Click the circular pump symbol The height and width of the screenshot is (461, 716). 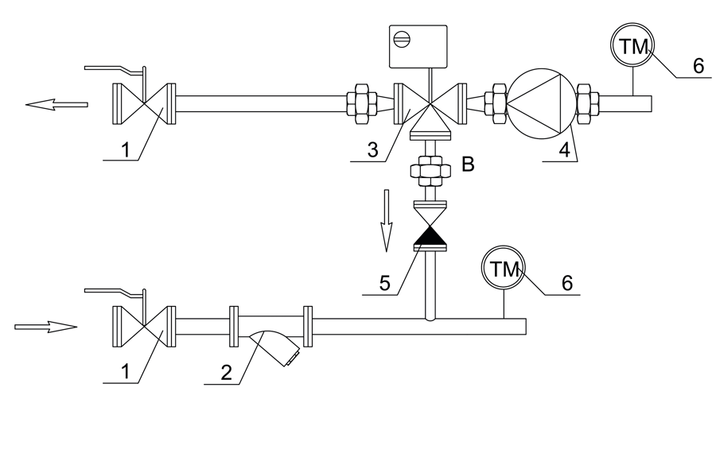coord(542,103)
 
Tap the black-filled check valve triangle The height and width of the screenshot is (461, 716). coord(431,235)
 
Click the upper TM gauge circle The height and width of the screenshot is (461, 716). coord(632,45)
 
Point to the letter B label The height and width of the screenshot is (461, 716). coord(468,164)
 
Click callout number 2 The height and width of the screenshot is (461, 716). coord(227,373)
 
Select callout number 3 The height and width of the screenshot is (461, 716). coord(373,149)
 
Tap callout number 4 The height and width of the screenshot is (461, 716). coord(565,149)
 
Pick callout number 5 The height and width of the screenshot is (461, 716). coord(385,284)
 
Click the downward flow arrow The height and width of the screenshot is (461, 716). coord(387,220)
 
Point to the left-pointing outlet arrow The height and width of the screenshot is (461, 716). coord(56,104)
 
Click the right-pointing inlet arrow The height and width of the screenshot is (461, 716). coord(45,327)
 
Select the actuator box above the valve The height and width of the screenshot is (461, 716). coord(418,47)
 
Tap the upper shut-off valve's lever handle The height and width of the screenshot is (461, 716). coord(115,72)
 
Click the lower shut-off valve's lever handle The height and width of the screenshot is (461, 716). coord(115,294)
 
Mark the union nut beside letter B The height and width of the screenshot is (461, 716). coord(430,171)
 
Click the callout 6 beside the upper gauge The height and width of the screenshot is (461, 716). coord(698,66)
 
